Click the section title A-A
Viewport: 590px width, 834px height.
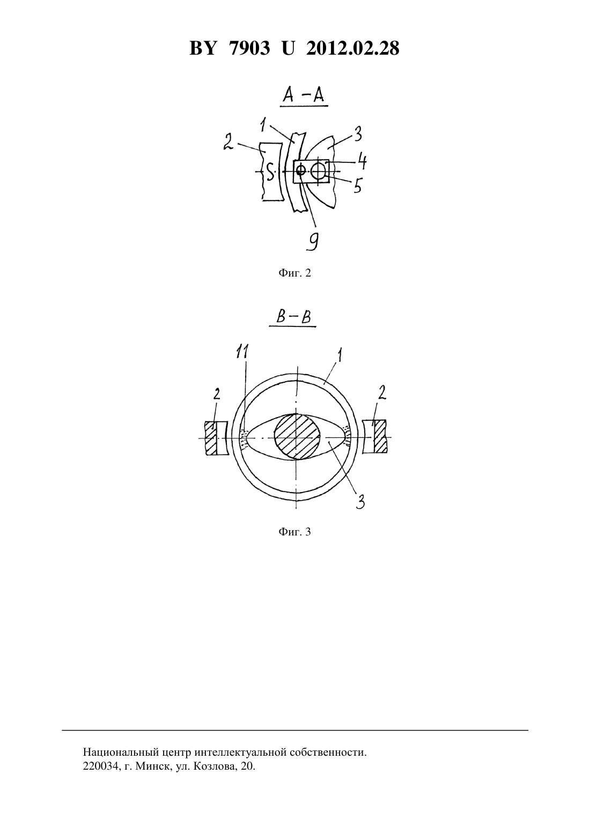point(303,96)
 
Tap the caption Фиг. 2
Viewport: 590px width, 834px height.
point(294,273)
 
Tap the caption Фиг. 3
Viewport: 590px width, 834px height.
point(294,532)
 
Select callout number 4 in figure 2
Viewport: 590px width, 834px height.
point(360,161)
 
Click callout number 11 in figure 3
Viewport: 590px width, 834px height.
point(242,352)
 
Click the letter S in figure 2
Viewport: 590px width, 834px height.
point(270,173)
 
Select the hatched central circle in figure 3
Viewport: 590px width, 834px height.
point(297,436)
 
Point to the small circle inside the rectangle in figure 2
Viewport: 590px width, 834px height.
point(300,171)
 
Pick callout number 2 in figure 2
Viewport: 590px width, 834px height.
point(228,142)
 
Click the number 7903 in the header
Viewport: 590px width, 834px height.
point(249,48)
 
